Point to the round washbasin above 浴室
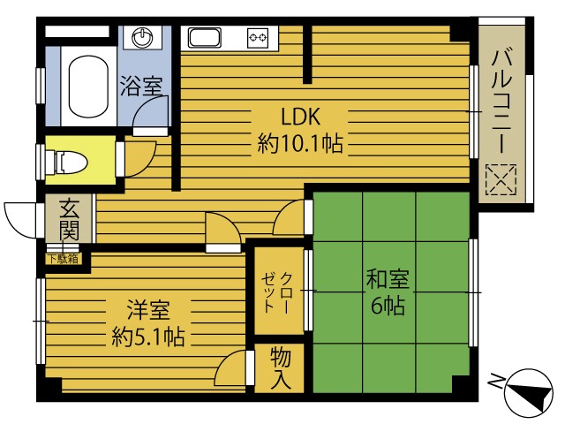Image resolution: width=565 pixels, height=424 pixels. point(142,38)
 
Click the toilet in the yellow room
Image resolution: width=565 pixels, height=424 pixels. point(76,162)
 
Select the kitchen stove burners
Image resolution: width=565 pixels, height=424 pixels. point(258,38)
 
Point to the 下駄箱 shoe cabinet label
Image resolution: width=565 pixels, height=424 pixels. point(63,259)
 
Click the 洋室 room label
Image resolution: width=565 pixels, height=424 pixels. point(147,311)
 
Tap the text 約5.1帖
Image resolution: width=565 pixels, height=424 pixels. point(147,337)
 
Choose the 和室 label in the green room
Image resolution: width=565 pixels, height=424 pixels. point(388,281)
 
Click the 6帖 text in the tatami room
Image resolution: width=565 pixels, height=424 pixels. point(388,307)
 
